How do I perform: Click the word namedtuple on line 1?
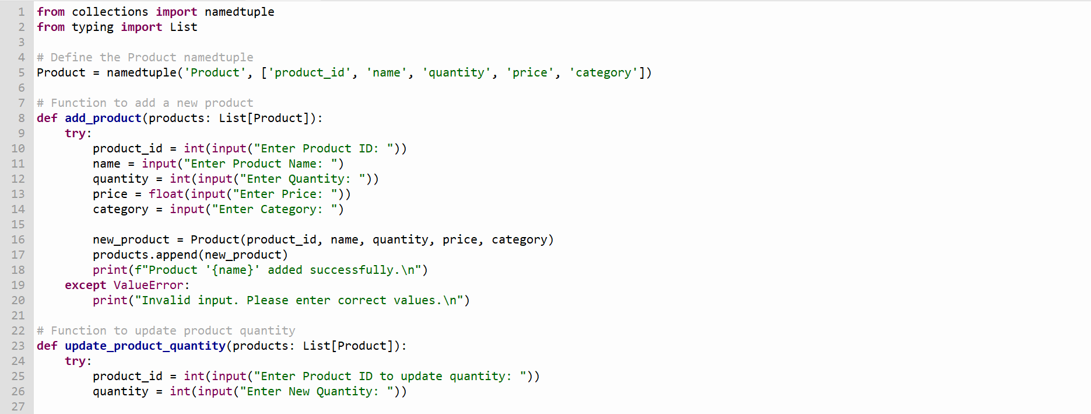click(239, 12)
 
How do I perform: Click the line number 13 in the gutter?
click(18, 194)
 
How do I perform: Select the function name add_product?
click(103, 119)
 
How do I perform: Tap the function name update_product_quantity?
click(145, 346)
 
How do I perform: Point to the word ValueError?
click(149, 285)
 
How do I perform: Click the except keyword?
click(86, 286)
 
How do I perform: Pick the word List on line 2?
click(184, 27)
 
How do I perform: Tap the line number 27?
click(18, 406)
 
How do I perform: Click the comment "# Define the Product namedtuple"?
click(145, 57)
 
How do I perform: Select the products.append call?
click(191, 255)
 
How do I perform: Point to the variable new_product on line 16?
click(131, 240)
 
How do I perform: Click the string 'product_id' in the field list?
click(310, 73)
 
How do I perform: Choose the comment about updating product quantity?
click(166, 331)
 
